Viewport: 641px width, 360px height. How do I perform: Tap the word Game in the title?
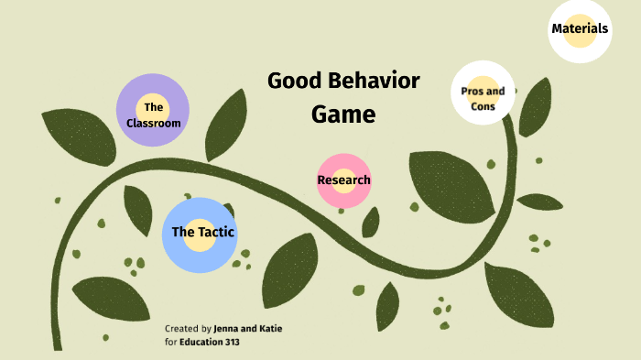point(342,115)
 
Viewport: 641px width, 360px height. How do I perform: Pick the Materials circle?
point(580,29)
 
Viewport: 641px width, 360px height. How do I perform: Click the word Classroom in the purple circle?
point(154,123)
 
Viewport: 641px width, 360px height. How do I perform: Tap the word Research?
point(343,180)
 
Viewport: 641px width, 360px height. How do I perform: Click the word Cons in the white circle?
point(483,106)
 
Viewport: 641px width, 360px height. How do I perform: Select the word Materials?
point(580,28)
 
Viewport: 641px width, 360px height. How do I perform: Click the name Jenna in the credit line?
point(229,328)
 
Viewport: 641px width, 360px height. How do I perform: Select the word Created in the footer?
point(180,328)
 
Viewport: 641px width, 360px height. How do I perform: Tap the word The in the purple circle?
point(153,108)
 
